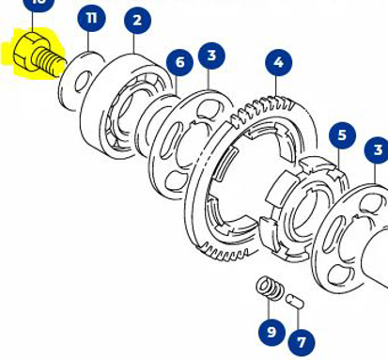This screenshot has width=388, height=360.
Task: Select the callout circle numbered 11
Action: (x=90, y=17)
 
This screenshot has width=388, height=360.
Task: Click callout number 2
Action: (x=137, y=19)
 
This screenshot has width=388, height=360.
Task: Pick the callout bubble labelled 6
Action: (x=178, y=63)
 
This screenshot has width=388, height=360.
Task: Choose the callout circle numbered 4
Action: (x=277, y=63)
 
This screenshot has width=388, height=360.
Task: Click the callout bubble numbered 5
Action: (x=341, y=135)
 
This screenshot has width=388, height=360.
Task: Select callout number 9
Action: (x=272, y=330)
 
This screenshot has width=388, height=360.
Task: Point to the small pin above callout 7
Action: (x=295, y=303)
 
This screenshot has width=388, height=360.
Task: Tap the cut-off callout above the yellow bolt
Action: (x=38, y=4)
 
